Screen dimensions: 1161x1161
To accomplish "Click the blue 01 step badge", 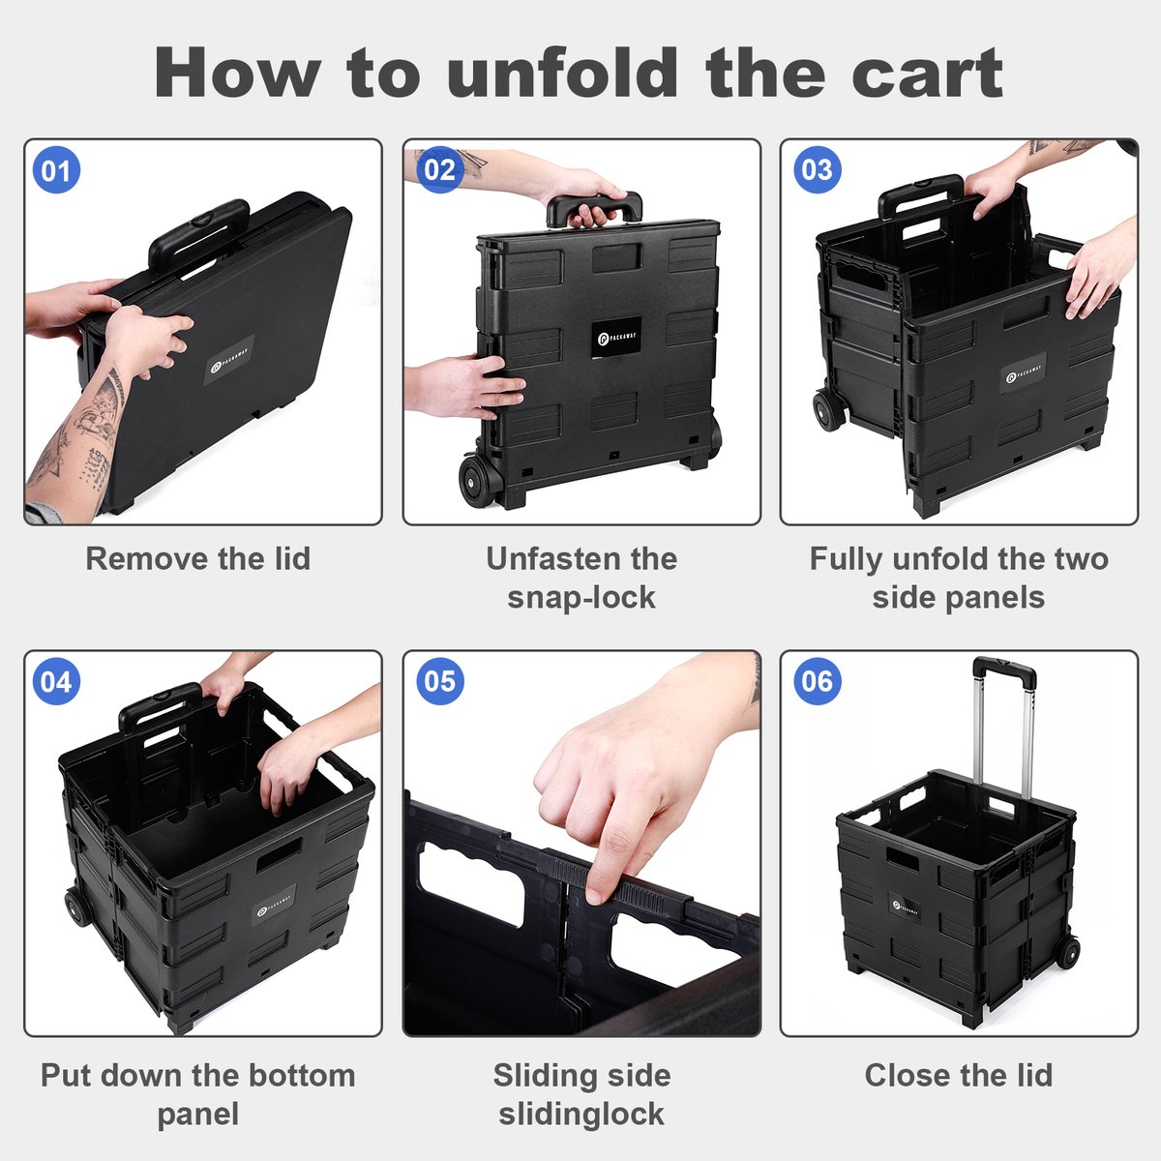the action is point(56,170).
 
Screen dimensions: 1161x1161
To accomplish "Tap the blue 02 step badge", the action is point(440,170).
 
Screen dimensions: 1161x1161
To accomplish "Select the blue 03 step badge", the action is point(817,170).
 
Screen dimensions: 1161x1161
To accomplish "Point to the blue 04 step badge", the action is point(56,681).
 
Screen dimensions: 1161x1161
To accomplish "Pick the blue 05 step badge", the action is point(440,681).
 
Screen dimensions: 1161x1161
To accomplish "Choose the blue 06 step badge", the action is point(817,681).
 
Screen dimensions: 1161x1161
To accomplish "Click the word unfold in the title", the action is point(563,73).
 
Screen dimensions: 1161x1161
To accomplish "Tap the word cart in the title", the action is point(928,74).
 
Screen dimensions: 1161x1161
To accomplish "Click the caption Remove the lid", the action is point(198,558).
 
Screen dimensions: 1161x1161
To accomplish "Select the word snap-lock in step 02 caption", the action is point(581,597).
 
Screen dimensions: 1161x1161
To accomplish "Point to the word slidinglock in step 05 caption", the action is point(581,1113).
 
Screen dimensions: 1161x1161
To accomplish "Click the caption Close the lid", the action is point(959,1075).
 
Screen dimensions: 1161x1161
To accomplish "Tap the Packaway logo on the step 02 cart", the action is point(615,338).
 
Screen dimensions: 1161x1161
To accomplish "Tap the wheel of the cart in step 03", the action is point(828,409).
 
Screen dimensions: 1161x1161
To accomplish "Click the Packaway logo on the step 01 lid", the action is point(229,360).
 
